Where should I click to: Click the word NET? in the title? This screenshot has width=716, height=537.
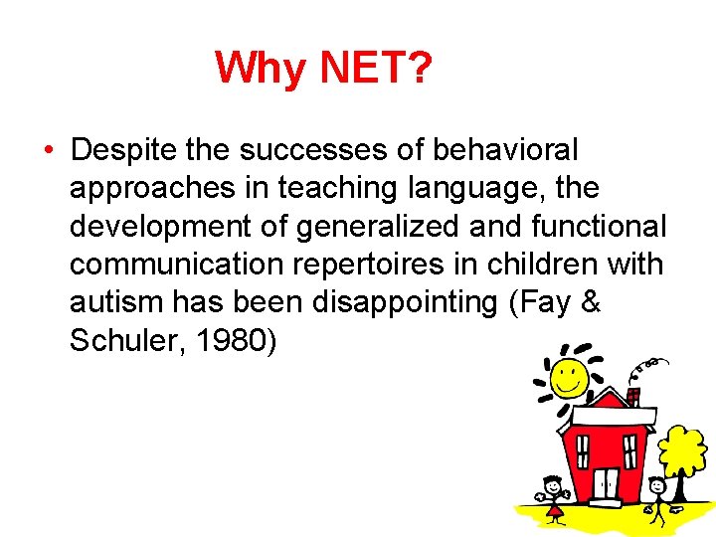click(x=376, y=69)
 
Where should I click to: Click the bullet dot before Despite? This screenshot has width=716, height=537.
click(x=48, y=151)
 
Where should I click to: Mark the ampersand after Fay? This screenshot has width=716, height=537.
click(x=590, y=302)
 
